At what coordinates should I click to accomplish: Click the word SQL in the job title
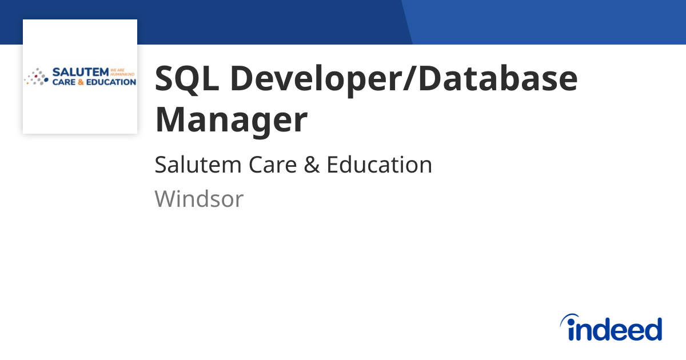coord(187,79)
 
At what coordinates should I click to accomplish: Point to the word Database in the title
coord(498,78)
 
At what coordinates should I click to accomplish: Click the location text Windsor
coord(199,199)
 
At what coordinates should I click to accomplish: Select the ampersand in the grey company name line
coord(312,165)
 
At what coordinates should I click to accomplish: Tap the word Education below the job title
coord(379,165)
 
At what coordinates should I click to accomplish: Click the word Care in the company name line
coord(273,165)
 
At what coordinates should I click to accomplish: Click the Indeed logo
coord(611,327)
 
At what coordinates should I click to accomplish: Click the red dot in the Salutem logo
coord(36,76)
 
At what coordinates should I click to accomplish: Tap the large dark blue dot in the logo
coord(46,80)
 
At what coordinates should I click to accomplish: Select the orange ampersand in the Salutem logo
coord(81,82)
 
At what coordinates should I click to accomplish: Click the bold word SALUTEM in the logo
coord(81,72)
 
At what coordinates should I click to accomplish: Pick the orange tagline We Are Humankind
coord(122,72)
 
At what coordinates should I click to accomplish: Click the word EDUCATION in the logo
coord(111,82)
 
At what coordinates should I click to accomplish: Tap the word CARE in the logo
coord(64,82)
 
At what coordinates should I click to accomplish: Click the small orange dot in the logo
coord(27,83)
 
